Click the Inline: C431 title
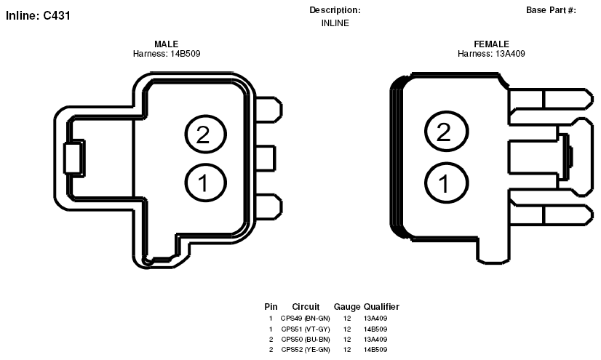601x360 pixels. point(38,15)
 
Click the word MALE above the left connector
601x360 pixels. point(167,44)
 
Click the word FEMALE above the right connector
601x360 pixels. point(491,44)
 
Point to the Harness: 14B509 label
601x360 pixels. point(167,54)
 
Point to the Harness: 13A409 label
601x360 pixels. point(491,54)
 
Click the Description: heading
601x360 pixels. point(335,10)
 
